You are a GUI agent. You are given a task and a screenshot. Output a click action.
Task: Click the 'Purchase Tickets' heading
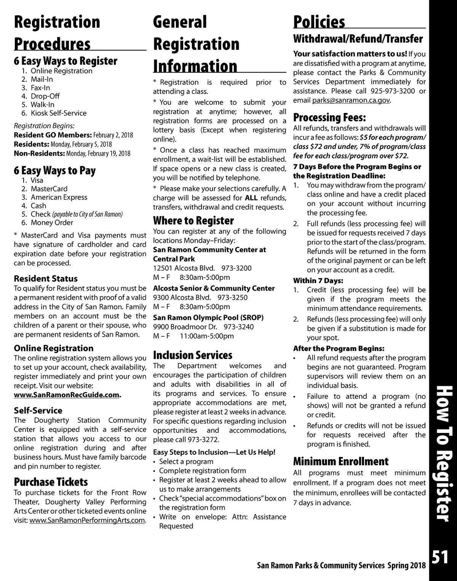tap(51, 482)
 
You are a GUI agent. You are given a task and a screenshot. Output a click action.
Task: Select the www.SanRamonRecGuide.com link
tap(67, 395)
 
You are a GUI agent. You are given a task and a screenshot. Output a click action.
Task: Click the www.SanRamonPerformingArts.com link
tap(87, 520)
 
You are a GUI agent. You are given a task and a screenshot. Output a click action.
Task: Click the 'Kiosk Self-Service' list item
tap(58, 113)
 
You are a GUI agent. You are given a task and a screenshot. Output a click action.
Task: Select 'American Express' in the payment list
tap(59, 197)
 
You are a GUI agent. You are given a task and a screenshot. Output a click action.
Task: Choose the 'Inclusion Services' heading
tap(192, 355)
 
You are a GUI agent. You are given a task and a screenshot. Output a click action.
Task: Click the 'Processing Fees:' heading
tap(329, 118)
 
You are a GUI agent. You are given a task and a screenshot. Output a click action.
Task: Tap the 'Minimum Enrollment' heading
tap(341, 462)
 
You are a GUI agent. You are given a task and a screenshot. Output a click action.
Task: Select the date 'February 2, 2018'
tap(113, 135)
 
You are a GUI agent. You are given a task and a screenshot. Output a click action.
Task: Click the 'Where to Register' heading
tap(193, 221)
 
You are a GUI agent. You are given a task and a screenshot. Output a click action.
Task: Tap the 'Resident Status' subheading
tap(46, 279)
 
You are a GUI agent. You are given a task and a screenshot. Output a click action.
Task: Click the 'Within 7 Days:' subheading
tap(318, 281)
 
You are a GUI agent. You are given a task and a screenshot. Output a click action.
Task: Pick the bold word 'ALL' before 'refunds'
tap(251, 198)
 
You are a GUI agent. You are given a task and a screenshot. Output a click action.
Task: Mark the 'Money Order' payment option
tap(52, 223)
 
